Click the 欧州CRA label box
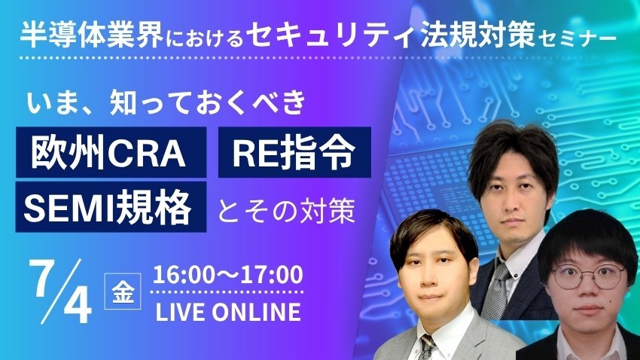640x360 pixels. [111, 152]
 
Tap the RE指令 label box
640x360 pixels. [294, 152]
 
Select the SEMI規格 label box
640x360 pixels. [111, 207]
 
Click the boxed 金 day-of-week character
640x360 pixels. [123, 291]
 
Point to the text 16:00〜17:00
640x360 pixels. [227, 275]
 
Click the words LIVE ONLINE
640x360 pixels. [227, 312]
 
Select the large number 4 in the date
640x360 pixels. [77, 305]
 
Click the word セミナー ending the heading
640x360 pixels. [577, 37]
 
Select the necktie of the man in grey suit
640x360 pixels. [427, 346]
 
